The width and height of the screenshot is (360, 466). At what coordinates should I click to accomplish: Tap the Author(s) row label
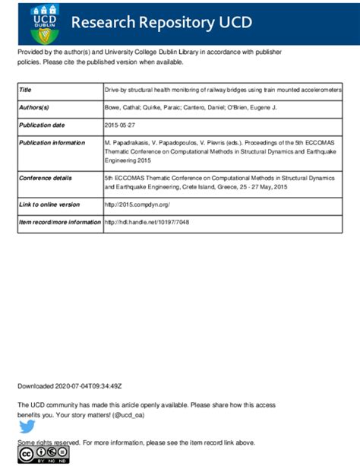tap(33, 108)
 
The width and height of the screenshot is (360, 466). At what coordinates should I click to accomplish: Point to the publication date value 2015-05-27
tap(121, 125)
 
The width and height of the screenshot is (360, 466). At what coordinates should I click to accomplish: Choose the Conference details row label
tap(46, 177)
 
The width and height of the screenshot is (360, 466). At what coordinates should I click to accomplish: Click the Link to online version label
tap(49, 204)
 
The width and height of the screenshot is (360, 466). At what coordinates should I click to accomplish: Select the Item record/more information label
tap(59, 222)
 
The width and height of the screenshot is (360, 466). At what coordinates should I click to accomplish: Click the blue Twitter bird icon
tap(27, 426)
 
